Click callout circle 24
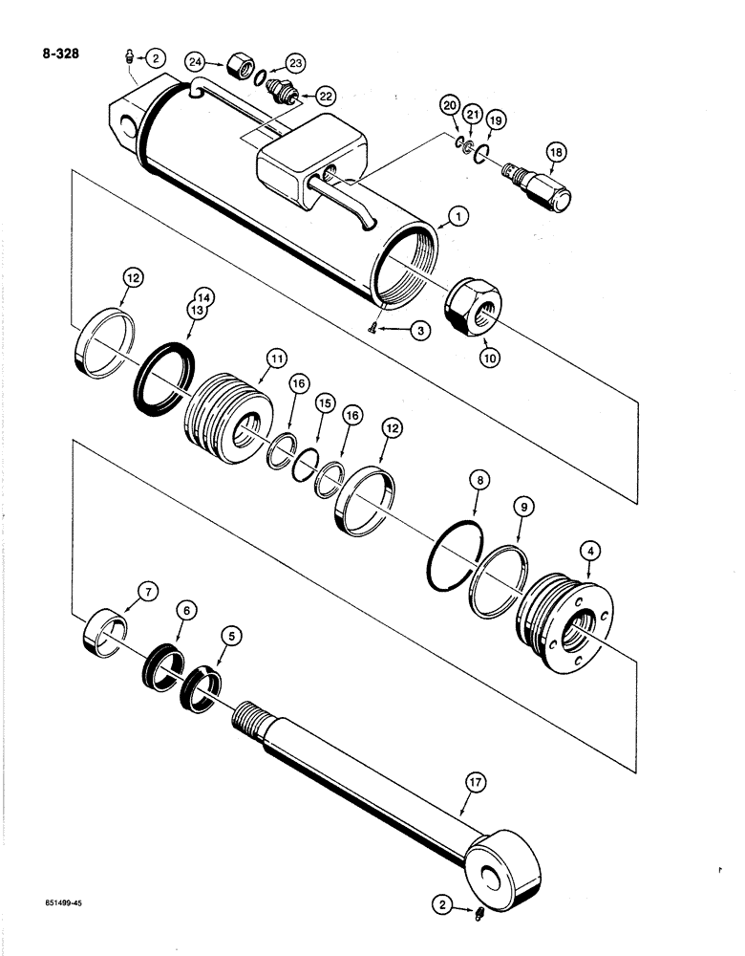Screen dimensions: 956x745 point(197,61)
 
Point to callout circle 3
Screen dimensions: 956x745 point(417,329)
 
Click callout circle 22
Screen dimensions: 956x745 point(326,96)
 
